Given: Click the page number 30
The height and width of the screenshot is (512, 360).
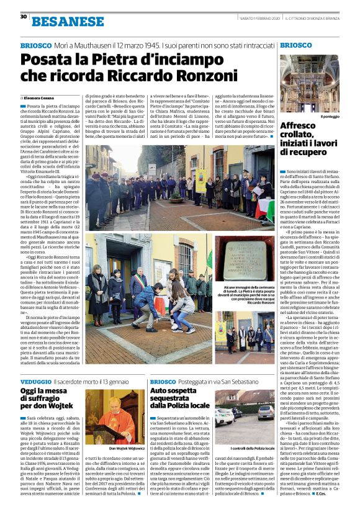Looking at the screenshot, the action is [23, 17].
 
